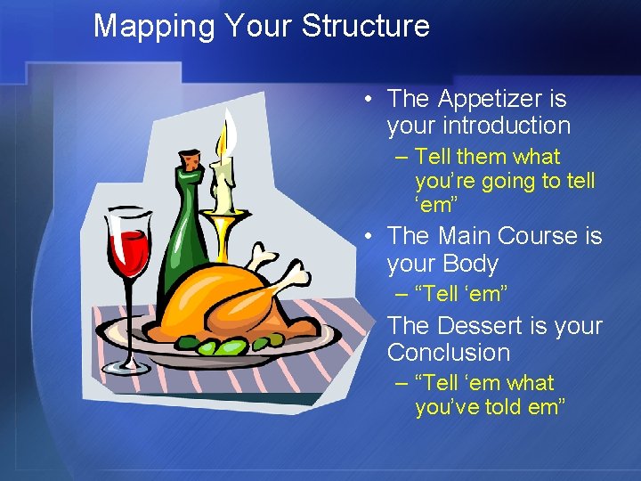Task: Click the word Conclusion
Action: point(448,352)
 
